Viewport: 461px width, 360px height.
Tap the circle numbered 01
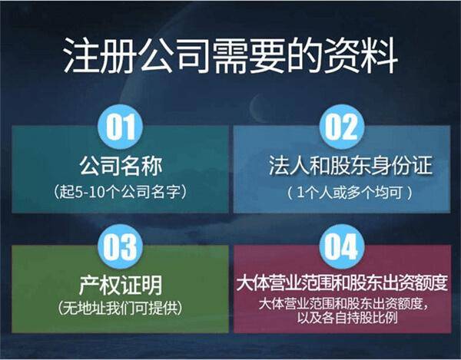click(x=121, y=125)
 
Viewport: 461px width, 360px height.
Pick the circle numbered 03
click(x=121, y=246)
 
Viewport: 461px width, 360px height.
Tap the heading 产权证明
click(x=121, y=286)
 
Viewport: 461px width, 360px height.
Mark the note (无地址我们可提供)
click(x=121, y=309)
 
